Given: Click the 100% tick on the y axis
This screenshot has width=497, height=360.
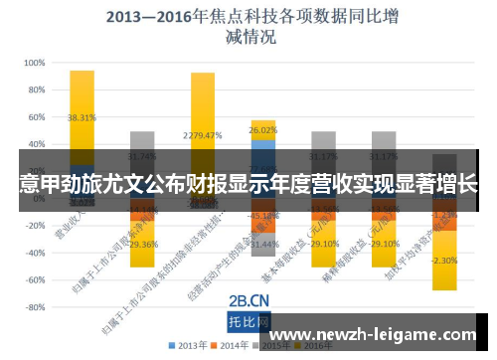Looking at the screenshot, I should point(35,62).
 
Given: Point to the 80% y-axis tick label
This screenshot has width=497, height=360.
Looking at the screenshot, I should point(37,89).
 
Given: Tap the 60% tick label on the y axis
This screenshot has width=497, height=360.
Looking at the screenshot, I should point(37,116).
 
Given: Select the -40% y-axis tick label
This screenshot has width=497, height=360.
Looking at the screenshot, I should point(35,254).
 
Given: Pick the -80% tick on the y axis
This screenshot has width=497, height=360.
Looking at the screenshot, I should point(35,308).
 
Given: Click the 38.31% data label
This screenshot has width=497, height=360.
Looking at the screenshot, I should point(82,117).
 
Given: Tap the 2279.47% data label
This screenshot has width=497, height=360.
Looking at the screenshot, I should point(202,136).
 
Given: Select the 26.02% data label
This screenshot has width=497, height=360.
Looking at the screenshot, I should point(263,130).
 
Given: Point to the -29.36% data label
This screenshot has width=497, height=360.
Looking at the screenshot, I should point(141,245).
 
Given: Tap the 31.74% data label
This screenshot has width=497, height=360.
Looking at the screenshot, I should point(142,156).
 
